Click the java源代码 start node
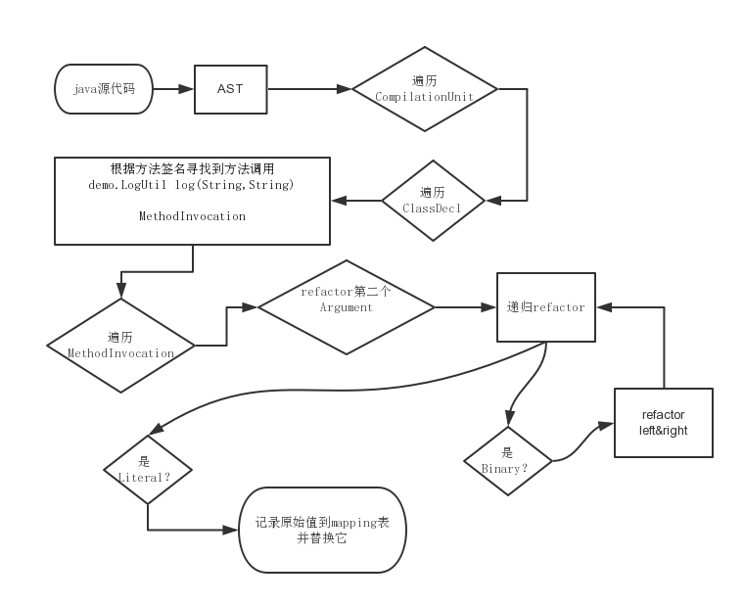pos(104,89)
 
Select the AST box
pos(231,89)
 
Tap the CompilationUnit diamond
pos(425,89)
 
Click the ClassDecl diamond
pos(433,201)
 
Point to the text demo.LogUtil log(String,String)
pos(191,185)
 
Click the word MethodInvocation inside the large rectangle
pos(192,216)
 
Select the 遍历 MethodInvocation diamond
pos(120,346)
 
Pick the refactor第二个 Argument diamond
pos(347,307)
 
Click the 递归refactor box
pos(546,307)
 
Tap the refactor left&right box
pos(664,423)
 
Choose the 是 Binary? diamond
pos(508,461)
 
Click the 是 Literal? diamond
pos(148,470)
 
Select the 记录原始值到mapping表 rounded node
pos(322,530)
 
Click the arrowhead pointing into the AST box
pos(186,89)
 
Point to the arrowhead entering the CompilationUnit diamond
pos(344,89)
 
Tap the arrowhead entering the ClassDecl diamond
pos(493,201)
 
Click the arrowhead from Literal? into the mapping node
pos(230,530)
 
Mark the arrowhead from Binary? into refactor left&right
pos(606,425)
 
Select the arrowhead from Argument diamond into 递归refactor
pos(488,307)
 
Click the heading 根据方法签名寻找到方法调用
pos(192,169)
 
